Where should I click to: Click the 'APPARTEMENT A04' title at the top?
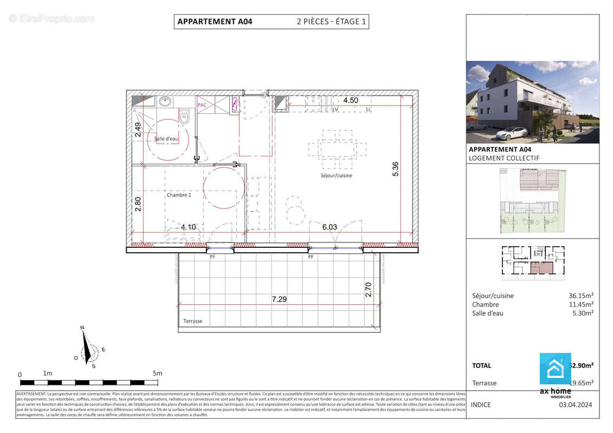coord(215,22)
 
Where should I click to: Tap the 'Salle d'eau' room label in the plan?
coord(166,139)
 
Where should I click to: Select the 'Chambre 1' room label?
coord(179,195)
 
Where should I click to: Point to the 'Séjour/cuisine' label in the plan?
coord(336,175)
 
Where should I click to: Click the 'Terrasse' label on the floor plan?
coord(193,321)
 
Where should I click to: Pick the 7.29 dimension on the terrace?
coord(279,299)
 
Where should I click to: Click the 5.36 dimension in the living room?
coord(396,169)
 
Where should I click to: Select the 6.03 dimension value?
coord(330,227)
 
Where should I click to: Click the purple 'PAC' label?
coord(202,105)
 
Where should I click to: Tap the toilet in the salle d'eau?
coord(185,116)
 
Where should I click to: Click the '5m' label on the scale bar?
coord(157,373)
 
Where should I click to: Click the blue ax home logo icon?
coord(555,369)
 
